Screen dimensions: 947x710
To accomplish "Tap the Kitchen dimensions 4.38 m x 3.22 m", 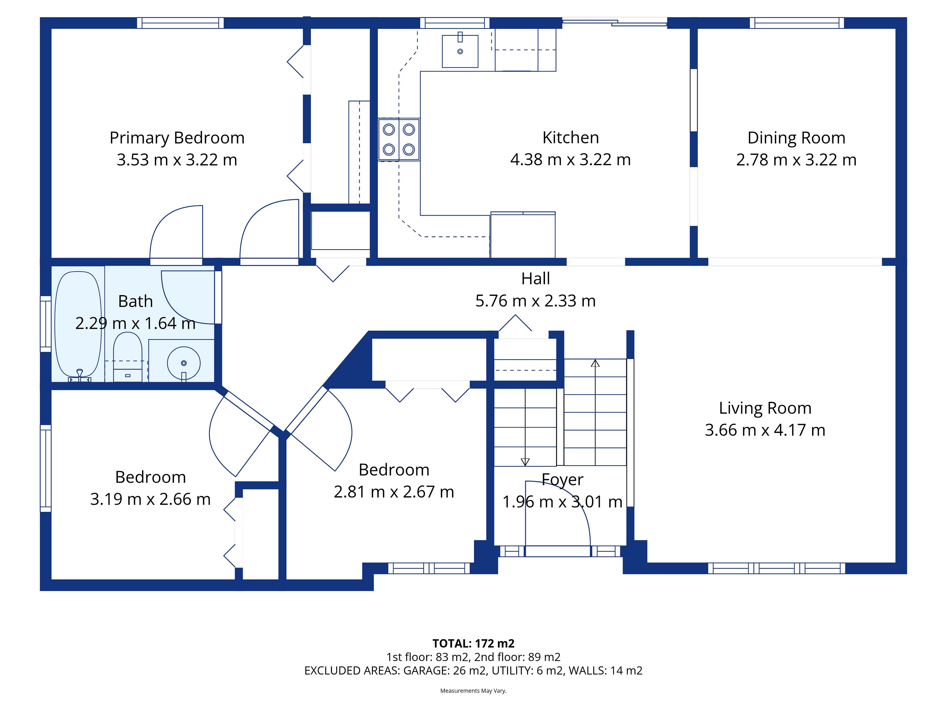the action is pyautogui.click(x=570, y=160).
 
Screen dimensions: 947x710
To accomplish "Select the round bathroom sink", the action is pyautogui.click(x=184, y=363).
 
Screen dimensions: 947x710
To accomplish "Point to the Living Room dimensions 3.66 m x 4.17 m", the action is pyautogui.click(x=765, y=430).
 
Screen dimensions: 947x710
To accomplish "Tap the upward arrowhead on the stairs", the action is pyautogui.click(x=595, y=363).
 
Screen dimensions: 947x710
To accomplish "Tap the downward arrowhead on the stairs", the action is pyautogui.click(x=525, y=462).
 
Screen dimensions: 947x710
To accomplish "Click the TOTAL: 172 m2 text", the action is pyautogui.click(x=473, y=644).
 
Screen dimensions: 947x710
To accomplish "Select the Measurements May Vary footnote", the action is pyautogui.click(x=473, y=691).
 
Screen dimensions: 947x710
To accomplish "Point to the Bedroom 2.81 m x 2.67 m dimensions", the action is pyautogui.click(x=394, y=492).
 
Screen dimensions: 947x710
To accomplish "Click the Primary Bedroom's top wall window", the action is pyautogui.click(x=180, y=23).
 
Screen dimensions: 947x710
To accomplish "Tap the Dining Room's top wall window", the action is pyautogui.click(x=797, y=23).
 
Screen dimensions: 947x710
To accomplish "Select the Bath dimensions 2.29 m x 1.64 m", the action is pyautogui.click(x=135, y=323).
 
